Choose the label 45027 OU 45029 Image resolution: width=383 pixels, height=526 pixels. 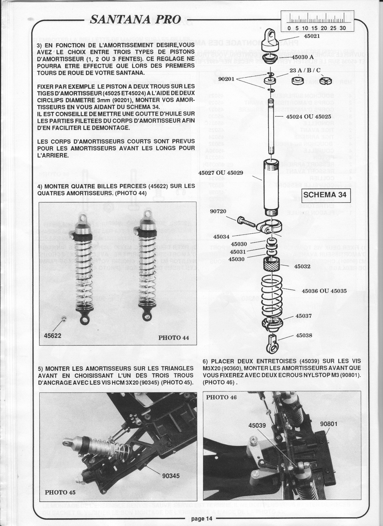220,172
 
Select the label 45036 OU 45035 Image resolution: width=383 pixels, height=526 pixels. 324,290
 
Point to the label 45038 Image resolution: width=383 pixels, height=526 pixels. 304,336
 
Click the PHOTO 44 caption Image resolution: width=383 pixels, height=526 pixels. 174,338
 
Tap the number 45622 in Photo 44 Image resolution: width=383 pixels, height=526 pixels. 53,335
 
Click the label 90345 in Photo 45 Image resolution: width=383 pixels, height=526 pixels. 171,476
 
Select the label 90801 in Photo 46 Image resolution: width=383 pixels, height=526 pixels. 329,424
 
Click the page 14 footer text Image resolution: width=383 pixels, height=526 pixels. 199,518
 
